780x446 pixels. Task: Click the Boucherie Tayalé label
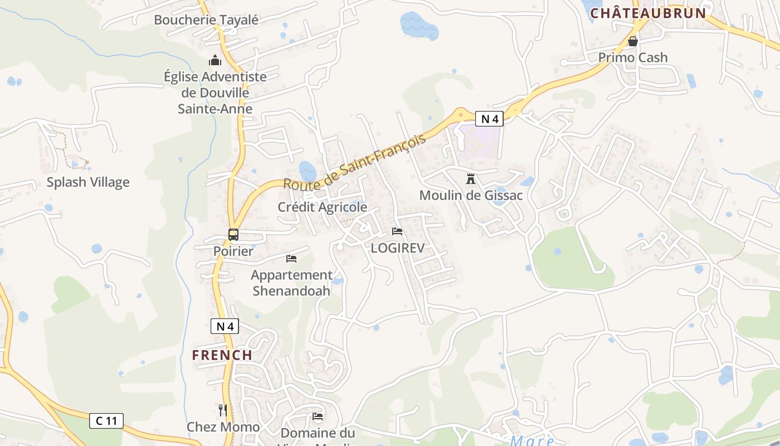[x=206, y=20]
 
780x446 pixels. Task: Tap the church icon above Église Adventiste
[x=215, y=60]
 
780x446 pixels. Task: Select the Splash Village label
[x=88, y=182]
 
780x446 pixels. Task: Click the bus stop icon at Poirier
[x=233, y=235]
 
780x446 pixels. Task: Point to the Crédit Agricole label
[x=323, y=207]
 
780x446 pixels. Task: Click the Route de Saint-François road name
[x=354, y=162]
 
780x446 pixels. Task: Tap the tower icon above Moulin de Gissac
[x=471, y=180]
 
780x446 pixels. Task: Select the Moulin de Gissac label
[x=471, y=196]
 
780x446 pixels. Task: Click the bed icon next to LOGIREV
[x=397, y=231]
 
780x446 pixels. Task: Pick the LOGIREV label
[x=397, y=248]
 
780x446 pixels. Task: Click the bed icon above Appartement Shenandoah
[x=291, y=258]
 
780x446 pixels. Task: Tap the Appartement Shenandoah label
[x=291, y=283]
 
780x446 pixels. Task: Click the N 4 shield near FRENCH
[x=225, y=327]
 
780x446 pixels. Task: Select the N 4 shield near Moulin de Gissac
[x=489, y=119]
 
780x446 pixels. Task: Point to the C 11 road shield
[x=106, y=421]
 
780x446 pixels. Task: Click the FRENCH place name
[x=222, y=355]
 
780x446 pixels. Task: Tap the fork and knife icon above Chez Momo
[x=222, y=410]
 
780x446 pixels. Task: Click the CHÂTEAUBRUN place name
[x=648, y=13]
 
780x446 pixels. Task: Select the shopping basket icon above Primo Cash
[x=632, y=41]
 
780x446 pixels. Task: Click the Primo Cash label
[x=632, y=57]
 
